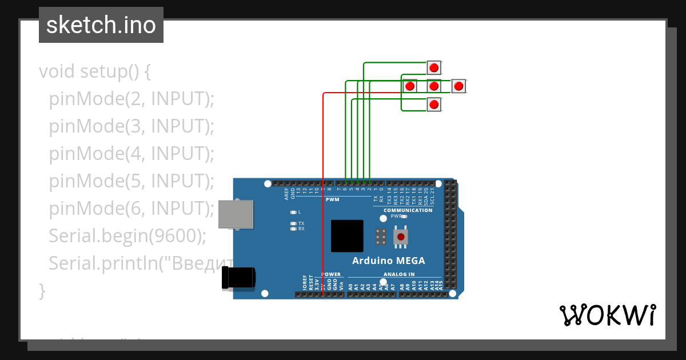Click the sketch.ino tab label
point(101,25)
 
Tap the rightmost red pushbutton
point(458,86)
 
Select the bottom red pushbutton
point(434,105)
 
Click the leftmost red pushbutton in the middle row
point(409,86)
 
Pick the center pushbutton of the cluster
point(434,86)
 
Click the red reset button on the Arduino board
point(401,237)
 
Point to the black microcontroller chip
point(347,236)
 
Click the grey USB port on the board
point(236,214)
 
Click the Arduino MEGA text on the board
point(388,261)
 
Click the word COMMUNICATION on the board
point(408,210)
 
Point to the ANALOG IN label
point(399,274)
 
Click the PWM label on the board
point(332,199)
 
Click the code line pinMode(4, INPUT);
point(131,154)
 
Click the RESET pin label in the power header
point(311,282)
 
